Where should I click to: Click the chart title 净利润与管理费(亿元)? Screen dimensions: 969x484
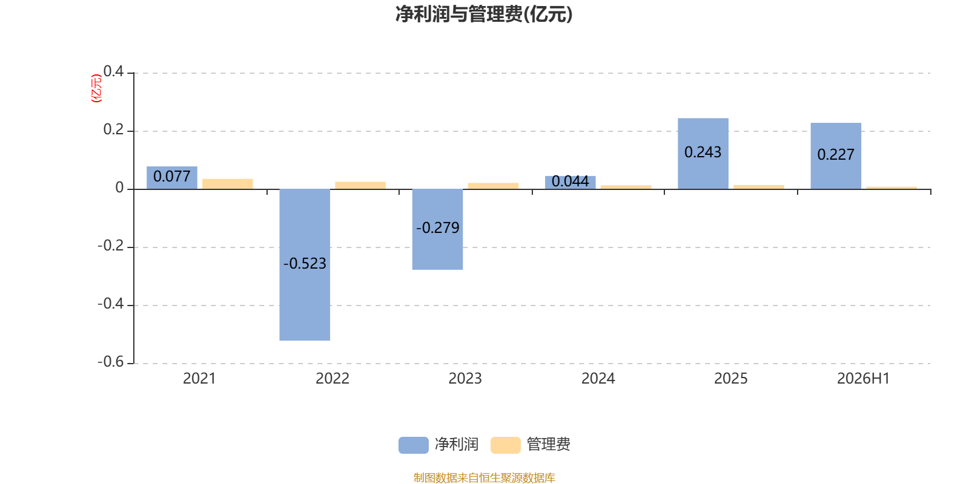tap(484, 14)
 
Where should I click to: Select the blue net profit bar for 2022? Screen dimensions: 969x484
tap(305, 264)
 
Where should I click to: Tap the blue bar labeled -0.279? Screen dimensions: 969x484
tap(437, 229)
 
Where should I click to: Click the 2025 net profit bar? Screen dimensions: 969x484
tap(703, 154)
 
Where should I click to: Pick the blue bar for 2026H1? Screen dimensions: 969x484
tap(836, 156)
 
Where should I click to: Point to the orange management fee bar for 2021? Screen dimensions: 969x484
tap(228, 184)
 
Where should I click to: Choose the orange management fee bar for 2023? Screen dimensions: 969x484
tap(493, 186)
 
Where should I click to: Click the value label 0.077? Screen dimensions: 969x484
tap(172, 176)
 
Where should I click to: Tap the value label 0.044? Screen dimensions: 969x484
tap(570, 181)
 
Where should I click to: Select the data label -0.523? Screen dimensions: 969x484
tap(305, 263)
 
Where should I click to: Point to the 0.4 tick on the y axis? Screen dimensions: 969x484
tap(113, 71)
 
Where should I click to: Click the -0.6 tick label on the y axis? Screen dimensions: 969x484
tap(111, 362)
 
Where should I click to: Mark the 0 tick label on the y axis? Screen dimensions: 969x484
tap(119, 188)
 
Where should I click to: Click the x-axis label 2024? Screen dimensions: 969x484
tap(598, 379)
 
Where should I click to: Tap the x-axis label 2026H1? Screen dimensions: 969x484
tap(864, 379)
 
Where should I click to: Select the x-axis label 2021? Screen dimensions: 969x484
tap(199, 379)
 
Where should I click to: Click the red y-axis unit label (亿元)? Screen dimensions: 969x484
tap(96, 88)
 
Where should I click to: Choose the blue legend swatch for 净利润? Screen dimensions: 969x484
tap(414, 445)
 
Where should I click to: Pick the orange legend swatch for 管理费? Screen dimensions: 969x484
tap(505, 445)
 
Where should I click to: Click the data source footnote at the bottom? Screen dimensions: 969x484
tap(484, 477)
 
